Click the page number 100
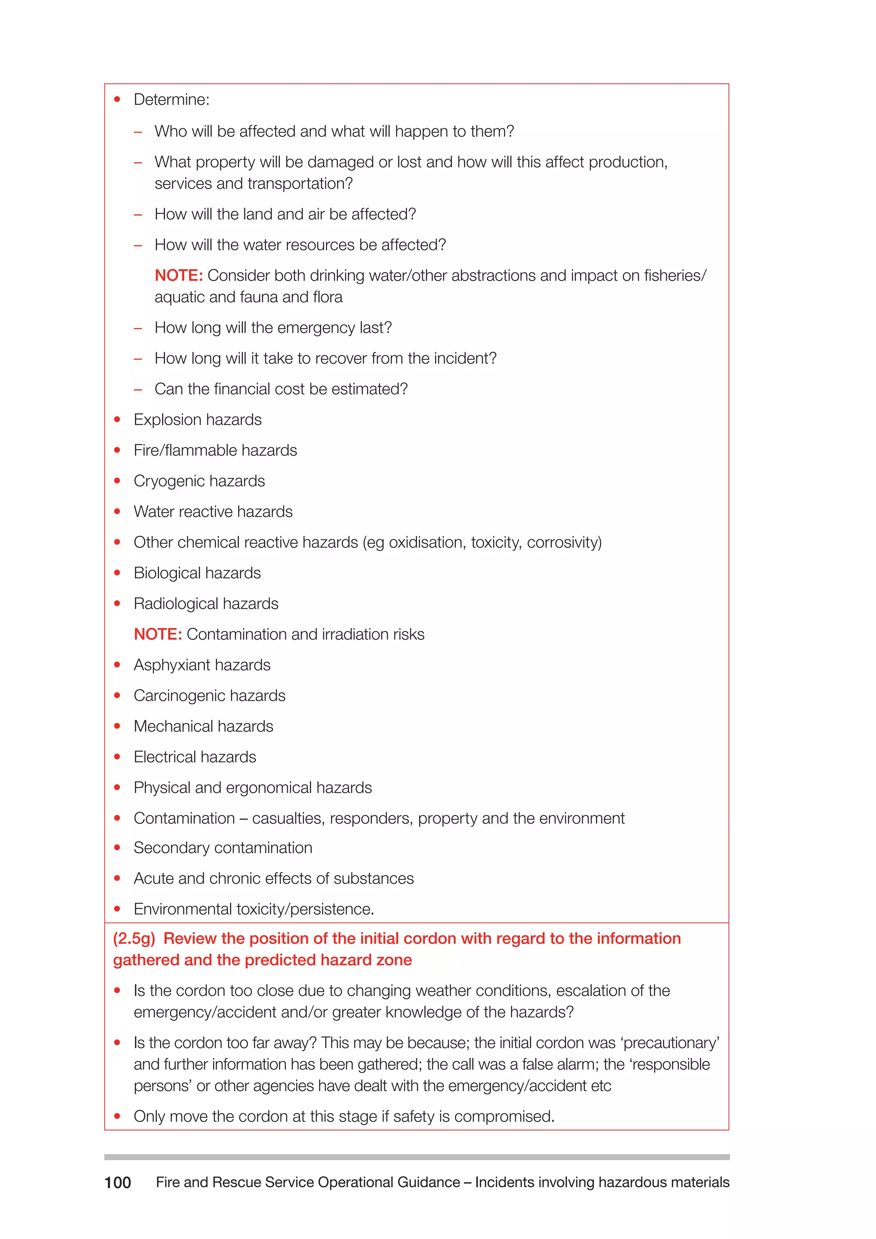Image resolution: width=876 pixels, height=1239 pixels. [x=118, y=1183]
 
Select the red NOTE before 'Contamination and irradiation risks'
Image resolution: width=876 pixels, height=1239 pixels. [x=157, y=634]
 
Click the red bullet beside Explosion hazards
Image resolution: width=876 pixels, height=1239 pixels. [x=117, y=419]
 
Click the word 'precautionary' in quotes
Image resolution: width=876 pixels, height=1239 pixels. [x=671, y=1043]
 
